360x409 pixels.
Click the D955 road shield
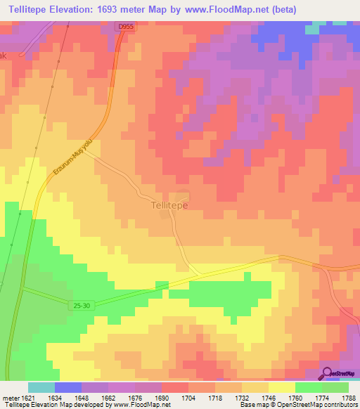pos(125,26)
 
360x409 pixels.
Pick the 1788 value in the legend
pos(348,397)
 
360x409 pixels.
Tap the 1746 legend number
pos(268,397)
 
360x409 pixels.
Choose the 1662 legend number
pos(108,397)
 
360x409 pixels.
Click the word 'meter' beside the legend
pos(10,397)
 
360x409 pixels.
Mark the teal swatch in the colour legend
pos(41,387)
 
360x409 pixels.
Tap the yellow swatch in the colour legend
pos(281,387)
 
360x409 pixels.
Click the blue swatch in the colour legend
pos(68,387)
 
